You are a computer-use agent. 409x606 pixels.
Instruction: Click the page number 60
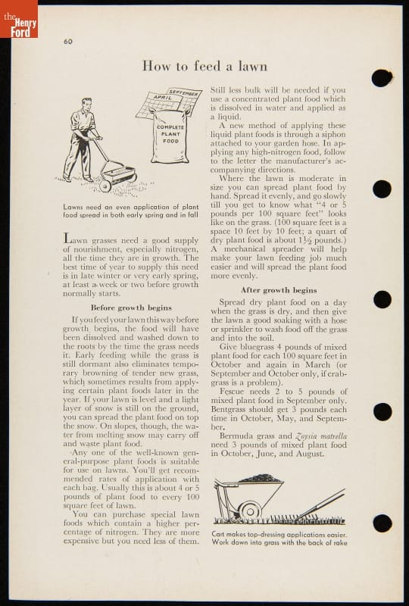click(x=68, y=42)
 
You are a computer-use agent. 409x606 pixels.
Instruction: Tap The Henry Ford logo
click(x=19, y=19)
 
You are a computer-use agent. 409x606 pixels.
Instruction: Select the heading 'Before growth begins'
click(x=131, y=308)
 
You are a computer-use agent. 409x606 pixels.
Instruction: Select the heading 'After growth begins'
click(x=279, y=290)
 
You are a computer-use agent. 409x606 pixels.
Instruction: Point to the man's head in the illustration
click(x=87, y=104)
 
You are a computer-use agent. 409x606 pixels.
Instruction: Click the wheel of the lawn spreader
click(x=105, y=186)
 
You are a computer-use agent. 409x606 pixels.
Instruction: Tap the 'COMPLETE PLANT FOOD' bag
click(x=170, y=136)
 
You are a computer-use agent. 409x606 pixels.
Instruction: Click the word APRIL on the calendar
click(x=163, y=98)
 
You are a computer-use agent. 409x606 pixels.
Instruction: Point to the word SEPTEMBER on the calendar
click(x=183, y=93)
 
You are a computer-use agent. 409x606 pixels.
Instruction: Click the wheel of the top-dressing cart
click(x=250, y=512)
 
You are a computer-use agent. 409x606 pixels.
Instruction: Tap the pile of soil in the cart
click(x=260, y=479)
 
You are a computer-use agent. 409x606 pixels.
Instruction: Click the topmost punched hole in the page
click(x=382, y=78)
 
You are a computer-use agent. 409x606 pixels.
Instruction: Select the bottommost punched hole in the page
click(x=382, y=523)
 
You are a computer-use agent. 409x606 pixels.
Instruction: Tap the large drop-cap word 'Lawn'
click(x=76, y=239)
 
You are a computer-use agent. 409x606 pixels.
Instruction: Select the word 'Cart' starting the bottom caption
click(x=219, y=535)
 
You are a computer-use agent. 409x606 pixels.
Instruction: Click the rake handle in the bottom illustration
click(x=323, y=503)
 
